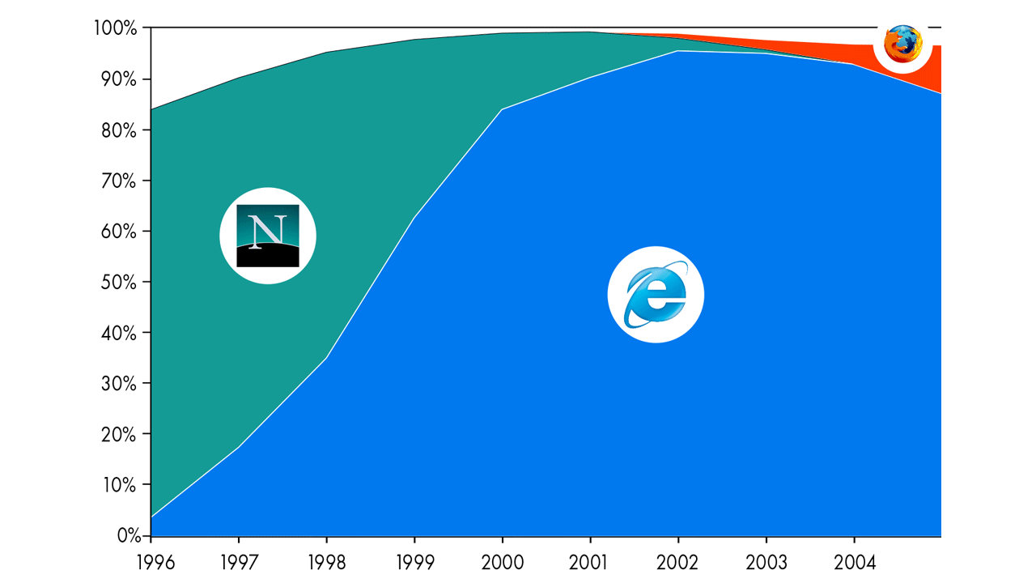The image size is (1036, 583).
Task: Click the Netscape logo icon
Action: pyautogui.click(x=268, y=236)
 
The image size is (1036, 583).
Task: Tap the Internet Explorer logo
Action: pyautogui.click(x=656, y=295)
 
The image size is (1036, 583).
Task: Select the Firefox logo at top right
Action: pyautogui.click(x=902, y=44)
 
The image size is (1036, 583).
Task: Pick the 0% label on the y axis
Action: pyautogui.click(x=126, y=536)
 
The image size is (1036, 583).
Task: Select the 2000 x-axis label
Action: pyautogui.click(x=503, y=562)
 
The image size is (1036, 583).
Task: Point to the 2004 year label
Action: pyautogui.click(x=854, y=562)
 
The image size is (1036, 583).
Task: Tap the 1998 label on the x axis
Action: pyautogui.click(x=327, y=562)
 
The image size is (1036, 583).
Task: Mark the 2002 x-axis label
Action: pyautogui.click(x=678, y=562)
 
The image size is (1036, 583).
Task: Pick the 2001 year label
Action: pyautogui.click(x=590, y=562)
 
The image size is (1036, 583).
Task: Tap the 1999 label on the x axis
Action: pyautogui.click(x=414, y=562)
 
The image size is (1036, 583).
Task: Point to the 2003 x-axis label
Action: pyautogui.click(x=766, y=562)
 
